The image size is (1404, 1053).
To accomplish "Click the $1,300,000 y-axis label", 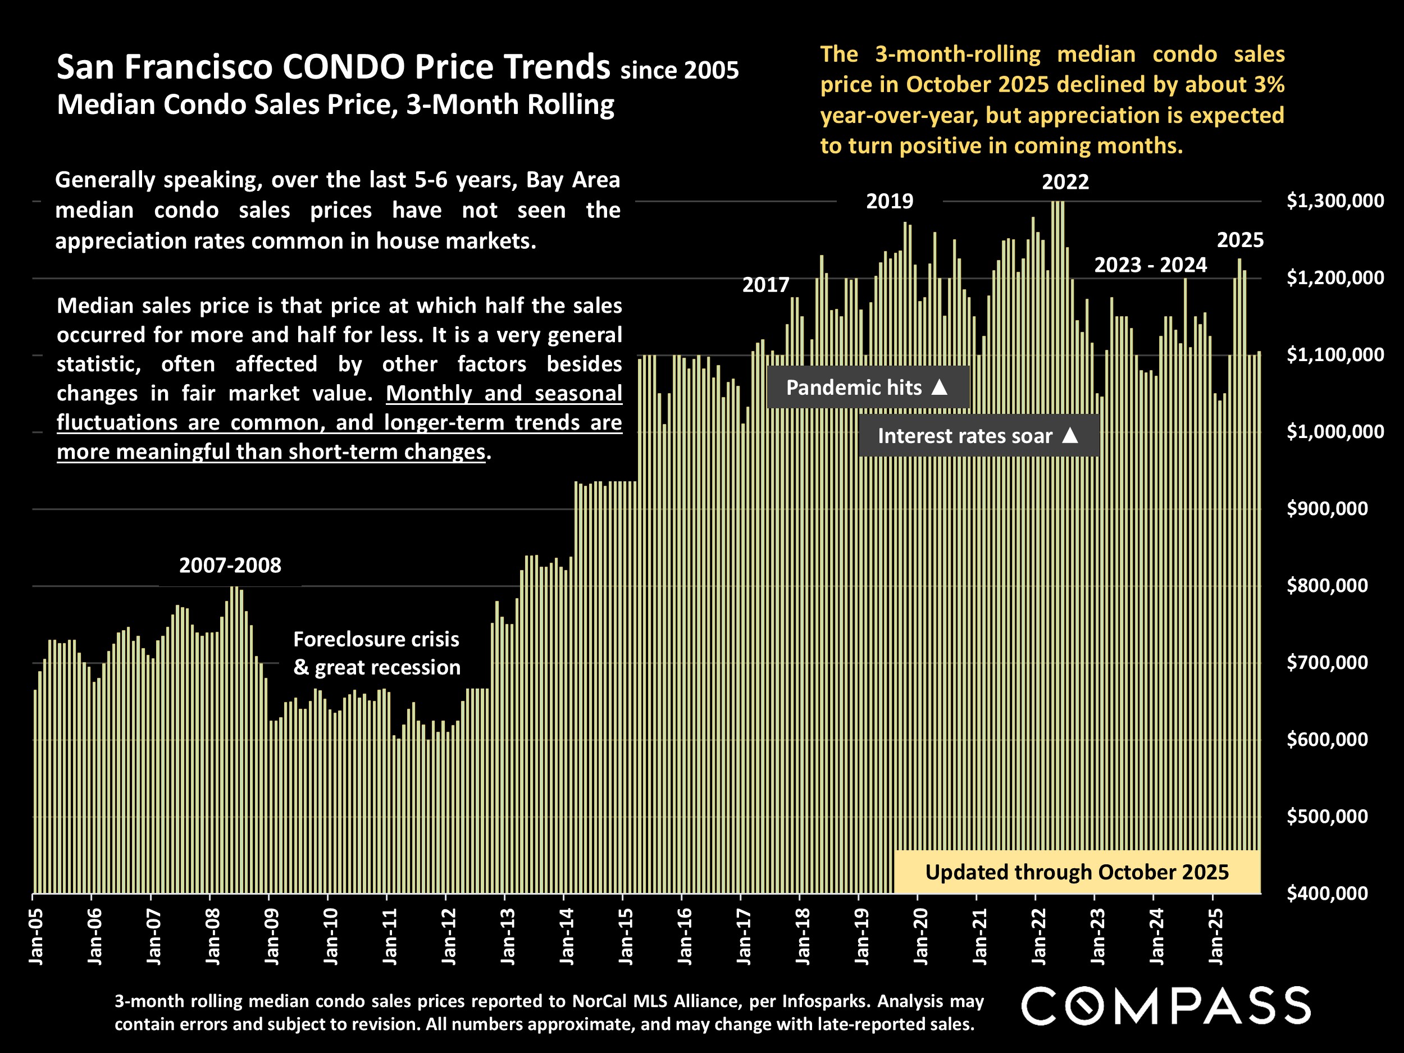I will (1335, 201).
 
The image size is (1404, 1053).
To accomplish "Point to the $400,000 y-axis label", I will (1326, 894).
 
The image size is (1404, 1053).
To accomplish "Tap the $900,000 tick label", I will (1326, 508).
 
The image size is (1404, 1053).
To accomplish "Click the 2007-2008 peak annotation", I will (230, 566).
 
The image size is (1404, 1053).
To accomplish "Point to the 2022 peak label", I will (1065, 182).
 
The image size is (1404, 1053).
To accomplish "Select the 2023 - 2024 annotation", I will (1150, 265).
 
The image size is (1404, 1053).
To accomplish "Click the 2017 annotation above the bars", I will (765, 285).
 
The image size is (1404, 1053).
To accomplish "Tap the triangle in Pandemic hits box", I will (940, 387).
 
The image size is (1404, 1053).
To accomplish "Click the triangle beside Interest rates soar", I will (1070, 435).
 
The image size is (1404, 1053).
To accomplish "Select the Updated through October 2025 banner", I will (1077, 872).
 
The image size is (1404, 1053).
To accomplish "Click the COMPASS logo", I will (1165, 1006).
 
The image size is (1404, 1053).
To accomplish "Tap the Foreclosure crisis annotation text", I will (376, 639).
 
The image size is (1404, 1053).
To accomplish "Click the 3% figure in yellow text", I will (1269, 84).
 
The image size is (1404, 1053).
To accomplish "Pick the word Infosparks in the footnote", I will (817, 1001).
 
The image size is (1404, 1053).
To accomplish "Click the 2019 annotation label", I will (889, 201).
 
